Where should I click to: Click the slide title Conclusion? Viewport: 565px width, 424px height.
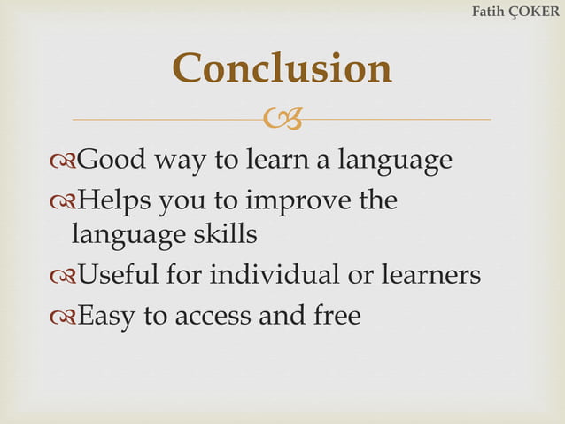pos(282,68)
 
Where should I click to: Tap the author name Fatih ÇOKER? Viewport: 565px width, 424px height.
pos(515,12)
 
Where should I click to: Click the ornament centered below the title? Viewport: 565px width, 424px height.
pos(282,118)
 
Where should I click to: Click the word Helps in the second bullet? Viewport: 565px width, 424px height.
pos(112,200)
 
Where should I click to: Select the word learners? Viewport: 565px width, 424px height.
pos(429,275)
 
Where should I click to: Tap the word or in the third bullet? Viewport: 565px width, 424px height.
pos(360,276)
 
